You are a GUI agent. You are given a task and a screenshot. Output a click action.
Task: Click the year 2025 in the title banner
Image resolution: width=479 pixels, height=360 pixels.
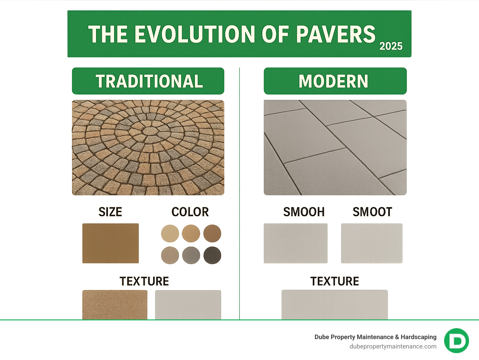point(391,46)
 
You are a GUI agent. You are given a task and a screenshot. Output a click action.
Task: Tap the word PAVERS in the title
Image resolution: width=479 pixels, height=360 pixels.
point(336,34)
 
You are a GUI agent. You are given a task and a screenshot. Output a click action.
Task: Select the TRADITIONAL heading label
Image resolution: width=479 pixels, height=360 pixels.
point(149,81)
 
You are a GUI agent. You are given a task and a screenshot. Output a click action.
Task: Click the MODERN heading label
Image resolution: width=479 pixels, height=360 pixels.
point(333,81)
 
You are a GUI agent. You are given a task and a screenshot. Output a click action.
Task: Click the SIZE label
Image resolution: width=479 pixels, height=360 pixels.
point(110,212)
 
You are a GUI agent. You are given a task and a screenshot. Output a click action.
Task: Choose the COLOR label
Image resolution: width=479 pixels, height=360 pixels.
point(190,212)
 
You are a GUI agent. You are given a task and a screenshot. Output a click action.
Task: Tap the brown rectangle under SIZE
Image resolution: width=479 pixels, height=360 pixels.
point(110,243)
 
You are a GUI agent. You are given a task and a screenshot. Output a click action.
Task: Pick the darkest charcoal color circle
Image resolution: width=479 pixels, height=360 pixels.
point(212,255)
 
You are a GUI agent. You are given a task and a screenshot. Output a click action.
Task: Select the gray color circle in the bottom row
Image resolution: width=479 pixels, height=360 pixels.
point(191,255)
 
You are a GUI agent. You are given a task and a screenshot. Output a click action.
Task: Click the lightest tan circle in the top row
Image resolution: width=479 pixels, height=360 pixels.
point(170,233)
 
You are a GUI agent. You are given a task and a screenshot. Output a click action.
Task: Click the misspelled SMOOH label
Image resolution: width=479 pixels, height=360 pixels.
point(304,212)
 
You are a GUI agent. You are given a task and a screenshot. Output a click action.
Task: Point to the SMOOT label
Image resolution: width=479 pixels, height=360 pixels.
point(372,212)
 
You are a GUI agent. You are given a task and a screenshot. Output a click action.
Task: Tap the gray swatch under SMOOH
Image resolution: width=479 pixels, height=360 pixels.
point(296,243)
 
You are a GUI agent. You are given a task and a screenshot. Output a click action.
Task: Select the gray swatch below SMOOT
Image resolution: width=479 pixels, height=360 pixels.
point(372,243)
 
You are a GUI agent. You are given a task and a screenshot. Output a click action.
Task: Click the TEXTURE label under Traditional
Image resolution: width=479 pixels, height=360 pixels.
point(144,281)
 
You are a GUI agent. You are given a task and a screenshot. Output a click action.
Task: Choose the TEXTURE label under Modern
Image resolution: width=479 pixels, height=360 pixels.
point(335,281)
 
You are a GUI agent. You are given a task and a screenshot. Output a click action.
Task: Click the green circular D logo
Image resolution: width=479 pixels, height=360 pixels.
point(457,341)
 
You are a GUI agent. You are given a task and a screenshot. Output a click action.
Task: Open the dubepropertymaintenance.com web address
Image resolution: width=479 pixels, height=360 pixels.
point(393,346)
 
